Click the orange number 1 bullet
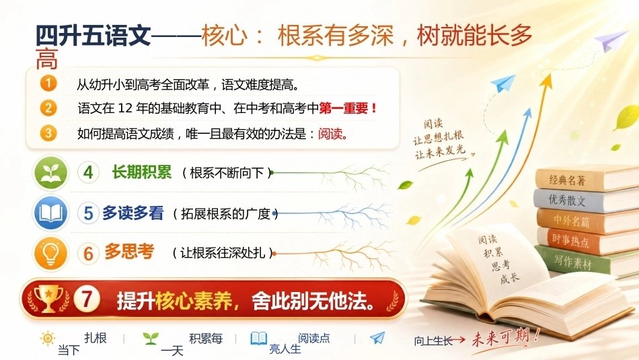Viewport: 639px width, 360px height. point(48,83)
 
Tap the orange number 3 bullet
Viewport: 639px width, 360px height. point(48,133)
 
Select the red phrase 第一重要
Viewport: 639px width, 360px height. point(344,108)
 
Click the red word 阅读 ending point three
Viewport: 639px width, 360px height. point(330,134)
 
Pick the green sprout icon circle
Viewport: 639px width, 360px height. point(51,173)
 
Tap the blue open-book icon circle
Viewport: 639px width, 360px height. point(51,213)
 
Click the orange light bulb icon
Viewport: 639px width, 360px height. point(51,253)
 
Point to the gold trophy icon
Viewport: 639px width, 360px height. point(48,299)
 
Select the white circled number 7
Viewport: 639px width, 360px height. point(87,299)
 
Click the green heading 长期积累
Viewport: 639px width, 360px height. point(142,172)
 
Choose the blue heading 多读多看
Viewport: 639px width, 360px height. point(133,213)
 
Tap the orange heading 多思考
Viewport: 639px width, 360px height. point(129,252)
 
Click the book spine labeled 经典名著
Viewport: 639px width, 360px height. point(567,180)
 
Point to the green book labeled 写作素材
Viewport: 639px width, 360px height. point(572,262)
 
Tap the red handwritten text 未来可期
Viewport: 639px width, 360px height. point(505,338)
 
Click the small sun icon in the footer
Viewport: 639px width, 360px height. point(48,338)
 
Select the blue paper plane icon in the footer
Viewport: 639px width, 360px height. point(377,338)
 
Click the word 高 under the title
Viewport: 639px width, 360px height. point(47,60)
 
